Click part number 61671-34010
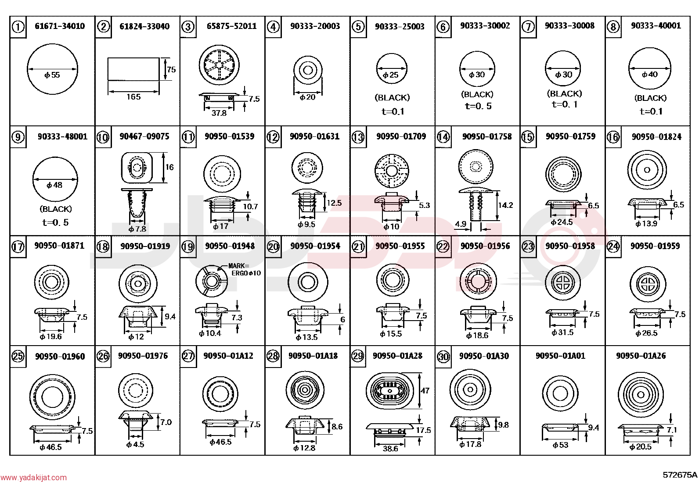pyautogui.click(x=60, y=26)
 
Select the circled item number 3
pyautogui.click(x=188, y=27)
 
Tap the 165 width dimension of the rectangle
pyautogui.click(x=133, y=96)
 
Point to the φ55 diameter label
pyautogui.click(x=52, y=75)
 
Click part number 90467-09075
pyautogui.click(x=144, y=136)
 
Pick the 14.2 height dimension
pyautogui.click(x=505, y=205)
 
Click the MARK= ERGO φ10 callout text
pyautogui.click(x=244, y=269)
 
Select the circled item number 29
pyautogui.click(x=358, y=356)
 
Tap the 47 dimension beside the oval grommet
pyautogui.click(x=425, y=390)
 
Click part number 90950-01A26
pyautogui.click(x=641, y=356)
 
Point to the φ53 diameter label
pyautogui.click(x=560, y=445)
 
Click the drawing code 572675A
pyautogui.click(x=680, y=475)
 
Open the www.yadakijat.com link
pyautogui.click(x=33, y=478)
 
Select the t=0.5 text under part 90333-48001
pyautogui.click(x=55, y=222)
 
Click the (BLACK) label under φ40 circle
pyautogui.click(x=650, y=98)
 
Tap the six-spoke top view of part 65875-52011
pyautogui.click(x=219, y=65)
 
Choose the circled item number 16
pyautogui.click(x=613, y=137)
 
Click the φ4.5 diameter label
pyautogui.click(x=135, y=445)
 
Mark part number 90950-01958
pyautogui.click(x=570, y=246)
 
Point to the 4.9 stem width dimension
pyautogui.click(x=461, y=224)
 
